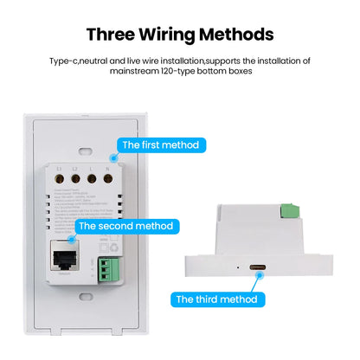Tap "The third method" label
click(x=216, y=299)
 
